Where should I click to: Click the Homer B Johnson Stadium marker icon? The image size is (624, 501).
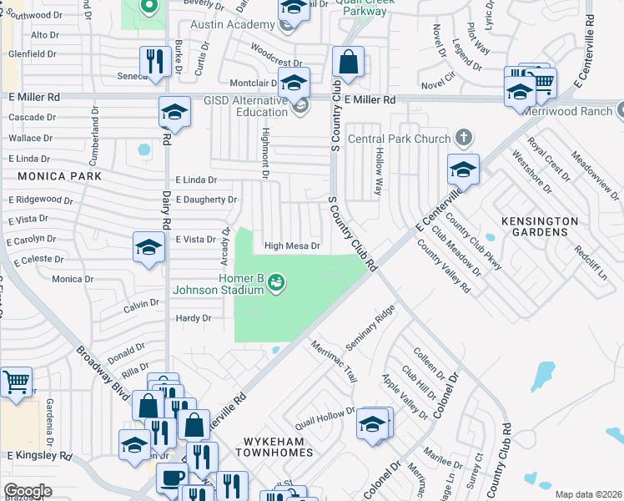pyautogui.click(x=275, y=285)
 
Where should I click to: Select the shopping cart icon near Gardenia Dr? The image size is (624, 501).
pyautogui.click(x=16, y=382)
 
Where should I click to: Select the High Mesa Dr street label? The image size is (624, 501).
pyautogui.click(x=292, y=246)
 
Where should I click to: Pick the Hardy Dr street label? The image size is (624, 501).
pyautogui.click(x=194, y=318)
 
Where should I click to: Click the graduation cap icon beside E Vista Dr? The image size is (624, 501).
pyautogui.click(x=149, y=247)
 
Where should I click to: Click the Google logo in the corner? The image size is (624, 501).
pyautogui.click(x=28, y=491)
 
